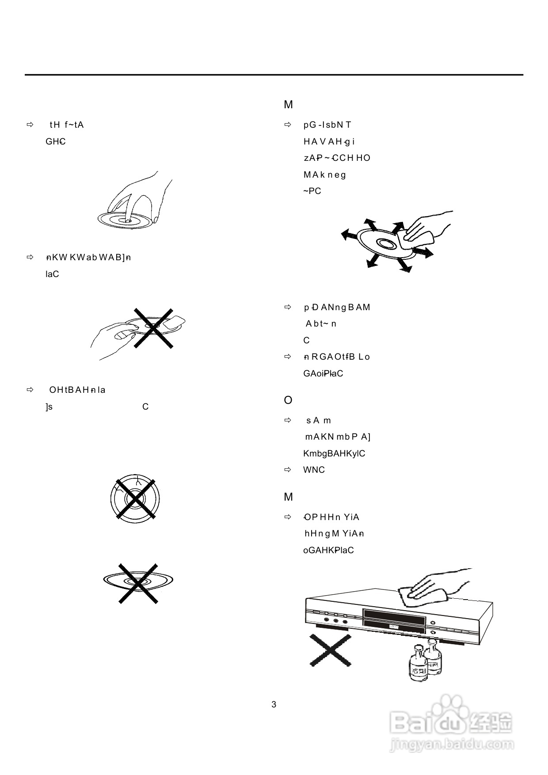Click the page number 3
click(274, 704)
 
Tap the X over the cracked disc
click(136, 498)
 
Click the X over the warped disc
click(138, 583)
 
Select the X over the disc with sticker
click(153, 328)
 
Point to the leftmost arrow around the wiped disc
click(350, 235)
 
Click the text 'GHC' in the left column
click(56, 142)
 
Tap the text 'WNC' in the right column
click(314, 470)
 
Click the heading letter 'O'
click(288, 400)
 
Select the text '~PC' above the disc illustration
click(312, 191)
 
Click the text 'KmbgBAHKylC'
click(334, 454)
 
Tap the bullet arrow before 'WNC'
click(288, 470)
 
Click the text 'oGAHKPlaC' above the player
click(328, 551)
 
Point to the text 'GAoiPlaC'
click(323, 374)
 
